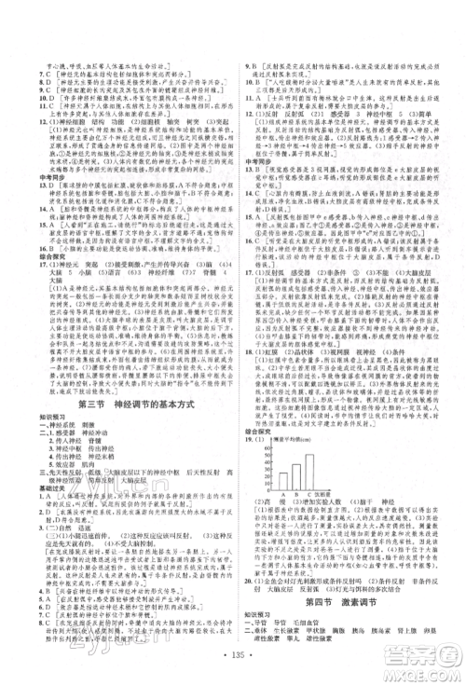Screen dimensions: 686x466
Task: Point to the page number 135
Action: pyautogui.click(x=232, y=669)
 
